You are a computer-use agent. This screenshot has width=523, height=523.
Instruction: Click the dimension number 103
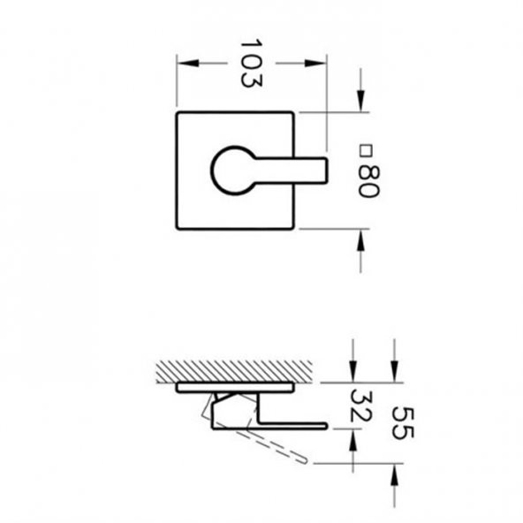click(x=251, y=63)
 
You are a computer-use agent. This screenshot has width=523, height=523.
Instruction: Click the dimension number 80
click(x=368, y=181)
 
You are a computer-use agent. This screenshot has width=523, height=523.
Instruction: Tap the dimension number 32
click(x=360, y=405)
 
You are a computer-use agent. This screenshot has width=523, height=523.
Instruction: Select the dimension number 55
click(x=403, y=423)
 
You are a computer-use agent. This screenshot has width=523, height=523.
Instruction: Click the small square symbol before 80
click(x=366, y=150)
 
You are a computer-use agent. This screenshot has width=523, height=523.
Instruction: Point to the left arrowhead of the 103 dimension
click(x=188, y=63)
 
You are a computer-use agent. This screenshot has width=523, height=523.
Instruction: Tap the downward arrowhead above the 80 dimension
click(x=360, y=101)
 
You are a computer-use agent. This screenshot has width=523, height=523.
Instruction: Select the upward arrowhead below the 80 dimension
click(x=360, y=240)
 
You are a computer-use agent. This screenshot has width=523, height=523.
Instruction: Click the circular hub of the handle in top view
click(x=233, y=171)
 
